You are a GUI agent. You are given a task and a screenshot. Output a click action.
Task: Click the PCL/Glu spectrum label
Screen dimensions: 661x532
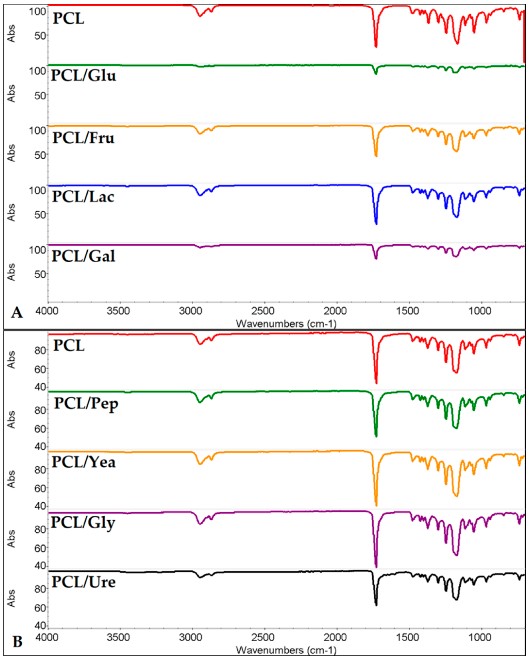(83, 76)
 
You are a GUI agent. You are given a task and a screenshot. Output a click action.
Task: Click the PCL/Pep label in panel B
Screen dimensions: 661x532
(86, 404)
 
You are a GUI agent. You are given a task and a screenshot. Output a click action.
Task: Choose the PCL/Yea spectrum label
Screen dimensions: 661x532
(83, 462)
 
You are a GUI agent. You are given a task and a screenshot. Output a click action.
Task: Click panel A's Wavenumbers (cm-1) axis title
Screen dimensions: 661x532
(286, 323)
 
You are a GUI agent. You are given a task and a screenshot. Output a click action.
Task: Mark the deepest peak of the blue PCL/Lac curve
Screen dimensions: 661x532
(376, 224)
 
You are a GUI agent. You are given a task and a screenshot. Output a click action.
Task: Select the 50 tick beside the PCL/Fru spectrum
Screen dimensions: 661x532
(40, 155)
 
